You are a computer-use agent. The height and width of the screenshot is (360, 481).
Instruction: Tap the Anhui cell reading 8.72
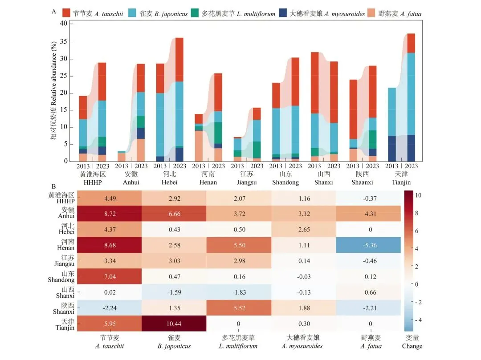(x=110, y=214)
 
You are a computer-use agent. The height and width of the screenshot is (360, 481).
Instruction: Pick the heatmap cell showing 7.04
(x=110, y=276)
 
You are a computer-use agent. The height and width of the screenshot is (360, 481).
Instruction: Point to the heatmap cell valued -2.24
(x=110, y=307)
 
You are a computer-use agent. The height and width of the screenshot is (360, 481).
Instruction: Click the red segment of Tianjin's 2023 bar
(x=411, y=43)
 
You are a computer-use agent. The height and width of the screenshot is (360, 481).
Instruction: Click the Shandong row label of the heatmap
(x=61, y=276)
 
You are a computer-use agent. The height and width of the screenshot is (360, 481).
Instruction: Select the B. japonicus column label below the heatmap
(x=174, y=342)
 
